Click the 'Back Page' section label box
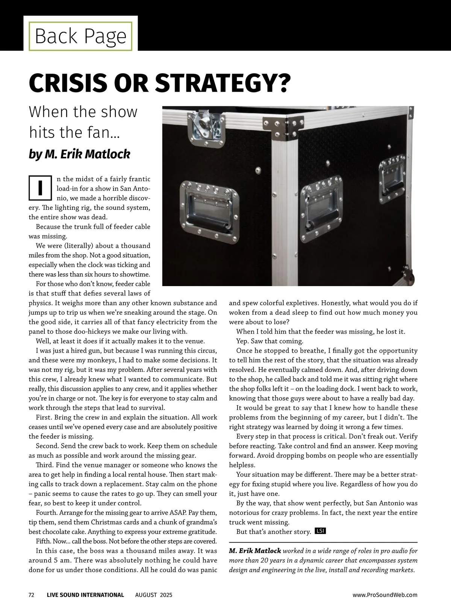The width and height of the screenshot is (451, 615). [x=81, y=36]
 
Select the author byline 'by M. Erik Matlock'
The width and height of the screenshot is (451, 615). [x=79, y=154]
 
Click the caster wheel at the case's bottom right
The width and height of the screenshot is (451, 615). [x=409, y=278]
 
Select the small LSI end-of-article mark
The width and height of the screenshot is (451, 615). [x=320, y=531]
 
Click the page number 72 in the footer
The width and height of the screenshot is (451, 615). [x=32, y=595]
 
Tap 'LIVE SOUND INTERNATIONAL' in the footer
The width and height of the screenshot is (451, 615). [x=85, y=595]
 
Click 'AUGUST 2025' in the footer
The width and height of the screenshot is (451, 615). [x=154, y=595]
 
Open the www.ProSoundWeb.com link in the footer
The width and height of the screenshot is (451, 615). [x=385, y=595]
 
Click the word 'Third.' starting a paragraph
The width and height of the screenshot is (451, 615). [x=45, y=465]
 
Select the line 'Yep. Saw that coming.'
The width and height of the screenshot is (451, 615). [x=269, y=341]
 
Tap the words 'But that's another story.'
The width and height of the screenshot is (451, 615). [x=273, y=532]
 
